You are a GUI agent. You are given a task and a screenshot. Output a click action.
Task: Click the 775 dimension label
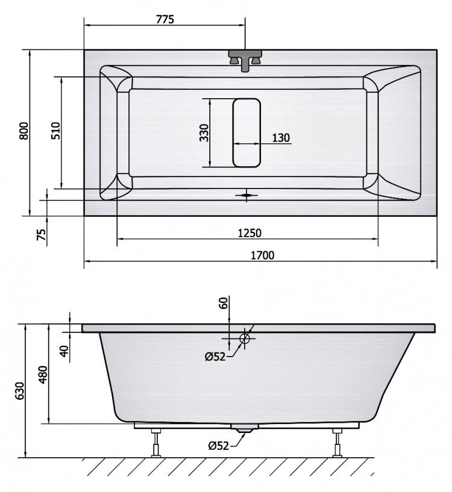coord(165,19)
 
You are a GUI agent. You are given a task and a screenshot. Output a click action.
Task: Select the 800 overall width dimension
coord(24,131)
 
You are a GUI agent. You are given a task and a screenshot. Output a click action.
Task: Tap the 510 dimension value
coord(55,131)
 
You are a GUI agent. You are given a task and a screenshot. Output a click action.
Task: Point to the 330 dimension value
coord(204,132)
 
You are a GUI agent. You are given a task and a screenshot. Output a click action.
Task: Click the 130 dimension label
coord(280,138)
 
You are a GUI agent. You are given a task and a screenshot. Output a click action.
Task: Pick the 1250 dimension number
coord(250,233)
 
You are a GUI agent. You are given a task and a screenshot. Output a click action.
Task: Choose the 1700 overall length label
coord(262,255)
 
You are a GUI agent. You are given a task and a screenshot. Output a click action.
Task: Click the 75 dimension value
coord(42,234)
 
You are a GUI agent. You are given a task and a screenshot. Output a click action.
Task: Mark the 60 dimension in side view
coord(224,303)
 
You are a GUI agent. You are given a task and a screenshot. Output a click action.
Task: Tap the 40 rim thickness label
coord(64,351)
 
